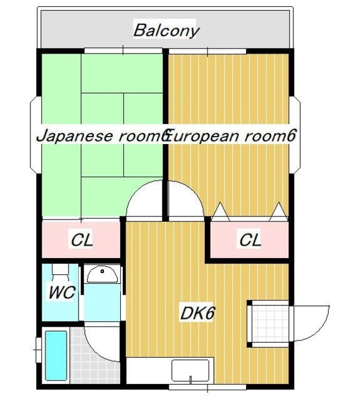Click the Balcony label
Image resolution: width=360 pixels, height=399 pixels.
(166, 30)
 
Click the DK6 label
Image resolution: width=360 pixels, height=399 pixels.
(198, 314)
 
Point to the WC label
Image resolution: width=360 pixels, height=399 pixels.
(62, 292)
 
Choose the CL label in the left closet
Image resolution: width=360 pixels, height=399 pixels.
(81, 239)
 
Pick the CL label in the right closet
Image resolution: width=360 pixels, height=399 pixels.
(250, 239)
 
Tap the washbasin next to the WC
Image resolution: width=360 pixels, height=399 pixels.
(102, 274)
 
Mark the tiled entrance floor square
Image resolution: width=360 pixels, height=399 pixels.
(268, 323)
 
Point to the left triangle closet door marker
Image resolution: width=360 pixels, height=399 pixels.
(220, 212)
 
